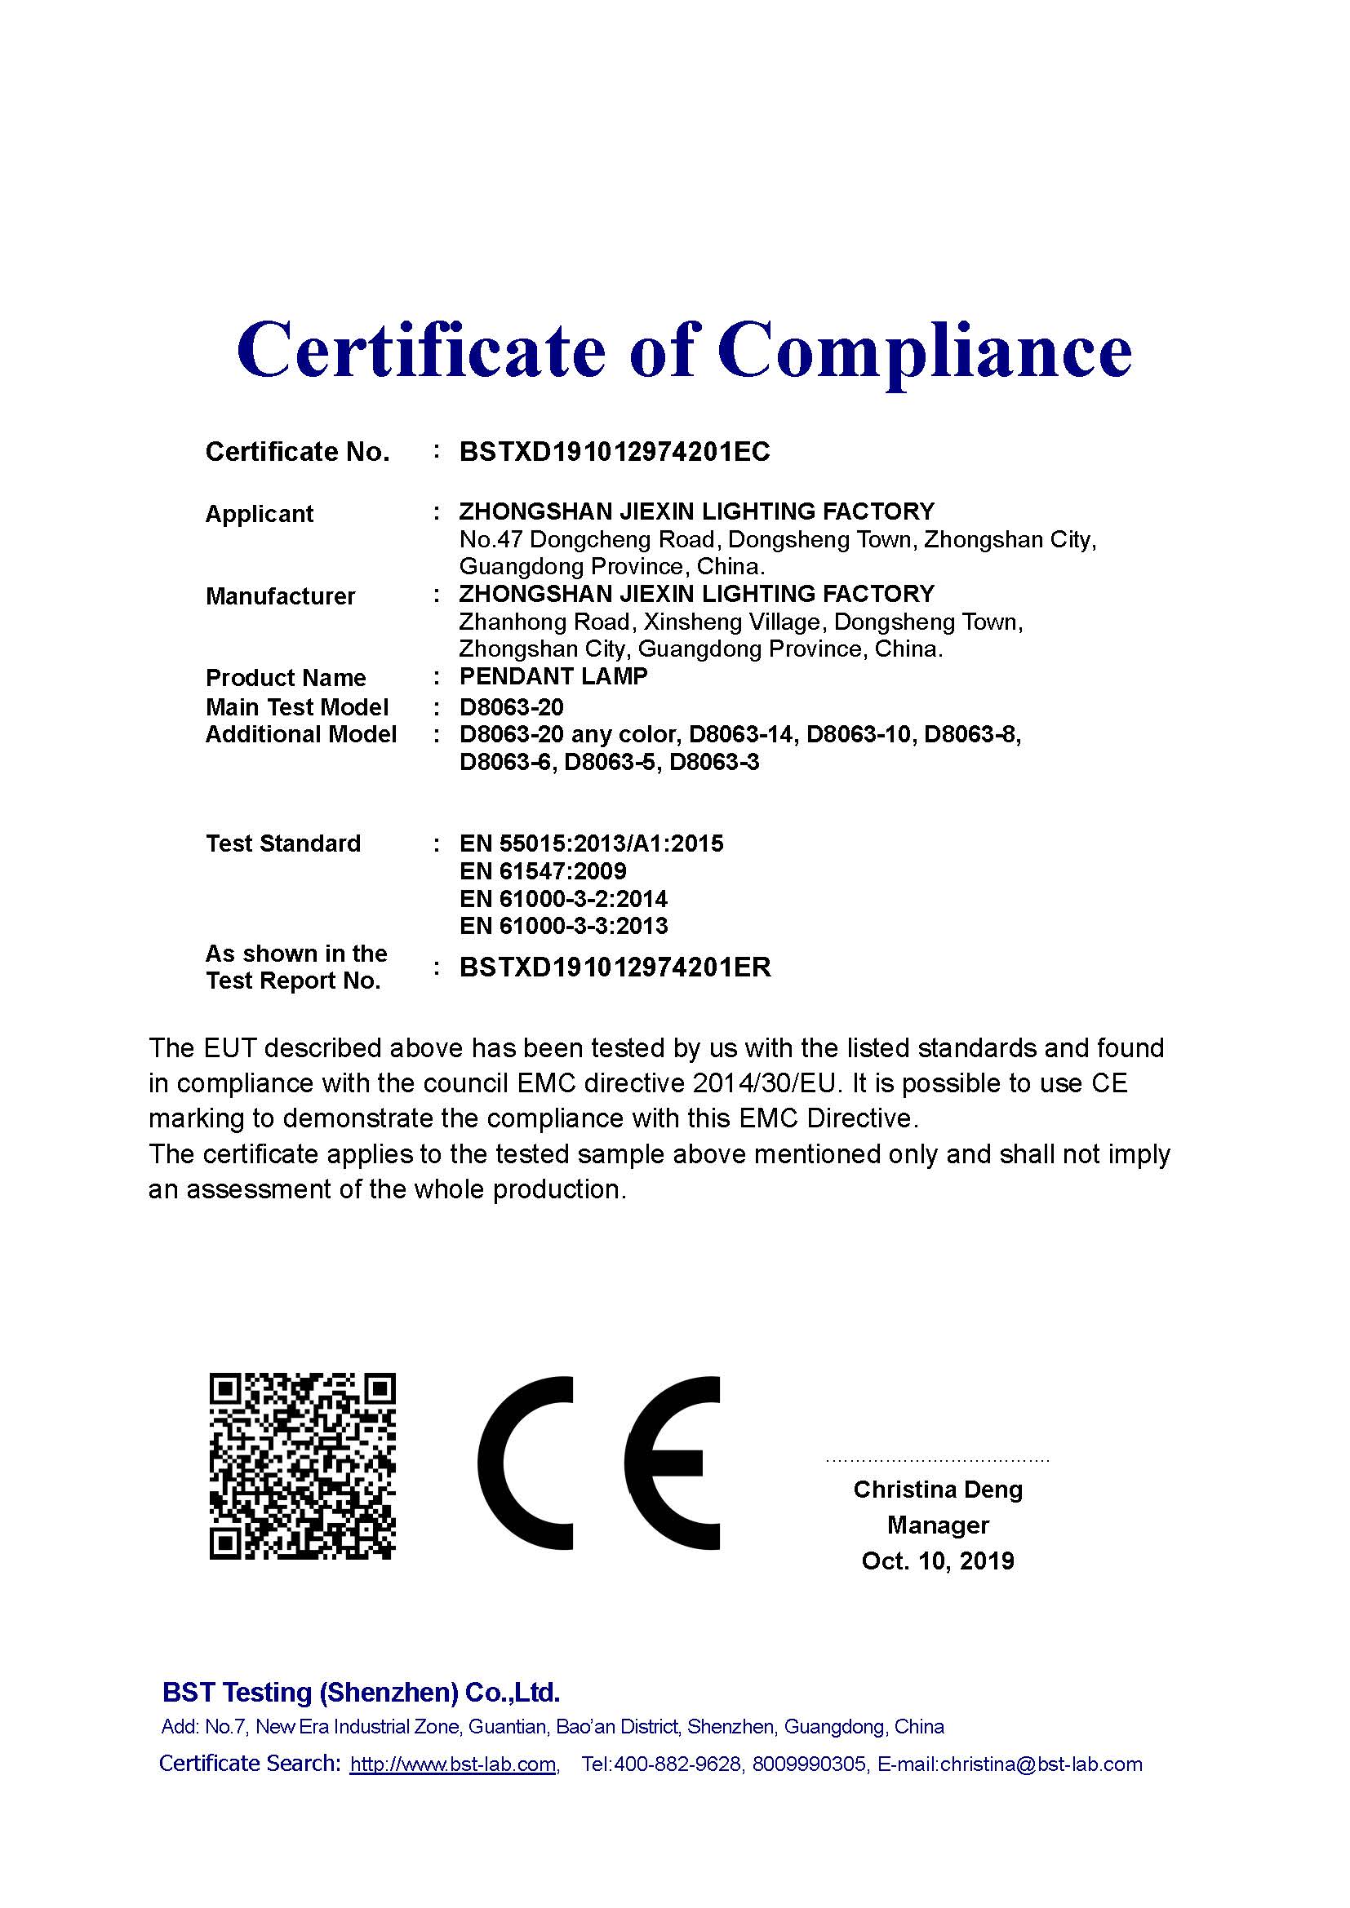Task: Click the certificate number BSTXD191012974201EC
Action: point(615,452)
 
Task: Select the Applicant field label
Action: point(259,515)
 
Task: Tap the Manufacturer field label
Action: point(280,596)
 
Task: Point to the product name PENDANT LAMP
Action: point(553,676)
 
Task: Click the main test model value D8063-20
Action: point(511,707)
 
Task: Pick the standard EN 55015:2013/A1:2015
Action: point(591,844)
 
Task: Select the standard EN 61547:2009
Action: point(542,872)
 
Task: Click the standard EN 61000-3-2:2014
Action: point(563,899)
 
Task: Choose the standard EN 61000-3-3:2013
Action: point(563,926)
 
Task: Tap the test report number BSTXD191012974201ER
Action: point(615,967)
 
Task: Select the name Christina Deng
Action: point(937,1490)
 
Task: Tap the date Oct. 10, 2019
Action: point(937,1561)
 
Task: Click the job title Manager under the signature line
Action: point(937,1525)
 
